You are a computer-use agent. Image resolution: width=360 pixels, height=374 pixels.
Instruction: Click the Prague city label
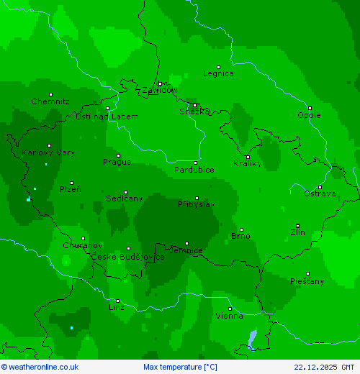coord(117,162)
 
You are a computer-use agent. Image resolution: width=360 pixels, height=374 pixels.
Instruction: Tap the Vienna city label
coord(230,316)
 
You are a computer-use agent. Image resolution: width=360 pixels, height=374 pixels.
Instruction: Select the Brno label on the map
coord(240,236)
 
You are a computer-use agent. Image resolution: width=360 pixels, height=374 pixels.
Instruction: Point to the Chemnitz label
coord(50,101)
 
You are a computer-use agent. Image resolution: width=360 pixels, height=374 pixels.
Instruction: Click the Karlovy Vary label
coord(48,152)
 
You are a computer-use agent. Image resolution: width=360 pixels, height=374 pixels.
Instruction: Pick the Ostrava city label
coord(320,193)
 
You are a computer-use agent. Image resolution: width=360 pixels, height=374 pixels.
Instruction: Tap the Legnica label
coord(218,73)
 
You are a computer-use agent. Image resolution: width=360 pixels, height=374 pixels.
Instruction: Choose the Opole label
coord(310,115)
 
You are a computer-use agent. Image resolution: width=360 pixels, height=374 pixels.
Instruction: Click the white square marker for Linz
coord(118,301)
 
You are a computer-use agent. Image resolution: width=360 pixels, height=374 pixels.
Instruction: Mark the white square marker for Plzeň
coord(71,183)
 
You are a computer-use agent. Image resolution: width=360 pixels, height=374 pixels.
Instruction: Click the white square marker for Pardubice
coord(195,163)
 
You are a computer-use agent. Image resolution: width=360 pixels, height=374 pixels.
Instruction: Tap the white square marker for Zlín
coord(297,226)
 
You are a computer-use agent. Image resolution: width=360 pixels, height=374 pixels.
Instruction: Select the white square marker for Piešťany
coord(307,274)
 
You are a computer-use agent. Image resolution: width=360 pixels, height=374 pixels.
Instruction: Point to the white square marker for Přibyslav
coord(197,198)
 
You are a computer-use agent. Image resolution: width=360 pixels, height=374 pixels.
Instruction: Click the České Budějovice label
coord(127,257)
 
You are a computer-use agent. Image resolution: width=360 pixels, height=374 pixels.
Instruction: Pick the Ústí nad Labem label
coord(107,117)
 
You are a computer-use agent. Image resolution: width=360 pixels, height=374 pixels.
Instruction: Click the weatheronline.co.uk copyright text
coord(40,367)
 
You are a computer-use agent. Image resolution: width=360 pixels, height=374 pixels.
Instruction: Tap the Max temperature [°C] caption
coord(180,367)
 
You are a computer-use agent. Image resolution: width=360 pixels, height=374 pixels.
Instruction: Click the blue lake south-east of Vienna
coord(251,339)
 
